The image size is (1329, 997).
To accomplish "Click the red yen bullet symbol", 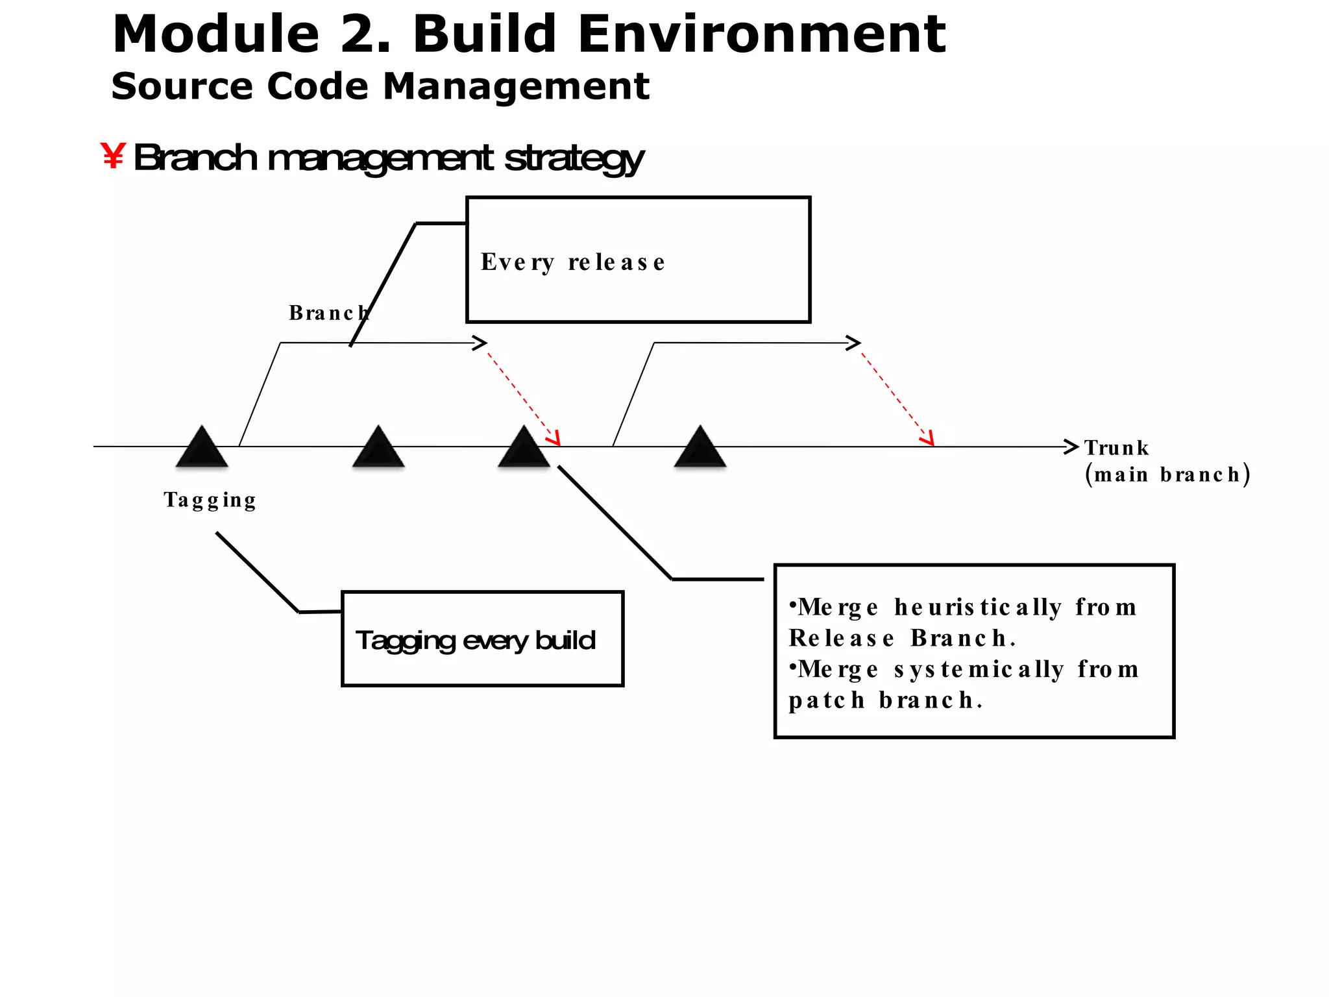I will click(x=113, y=156).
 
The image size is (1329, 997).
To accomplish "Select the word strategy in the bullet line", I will click(x=574, y=158).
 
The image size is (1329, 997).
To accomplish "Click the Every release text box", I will click(x=638, y=260).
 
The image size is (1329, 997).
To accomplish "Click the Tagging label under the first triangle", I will click(x=210, y=500).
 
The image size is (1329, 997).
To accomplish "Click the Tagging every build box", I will click(x=482, y=639).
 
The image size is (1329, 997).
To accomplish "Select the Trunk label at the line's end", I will click(x=1116, y=448).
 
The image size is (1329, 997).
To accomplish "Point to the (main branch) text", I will click(x=1167, y=474).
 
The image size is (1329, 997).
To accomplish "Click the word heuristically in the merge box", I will click(x=977, y=608).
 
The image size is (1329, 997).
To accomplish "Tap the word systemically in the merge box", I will click(x=979, y=669).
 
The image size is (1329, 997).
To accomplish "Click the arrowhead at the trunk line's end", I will click(x=1071, y=447).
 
